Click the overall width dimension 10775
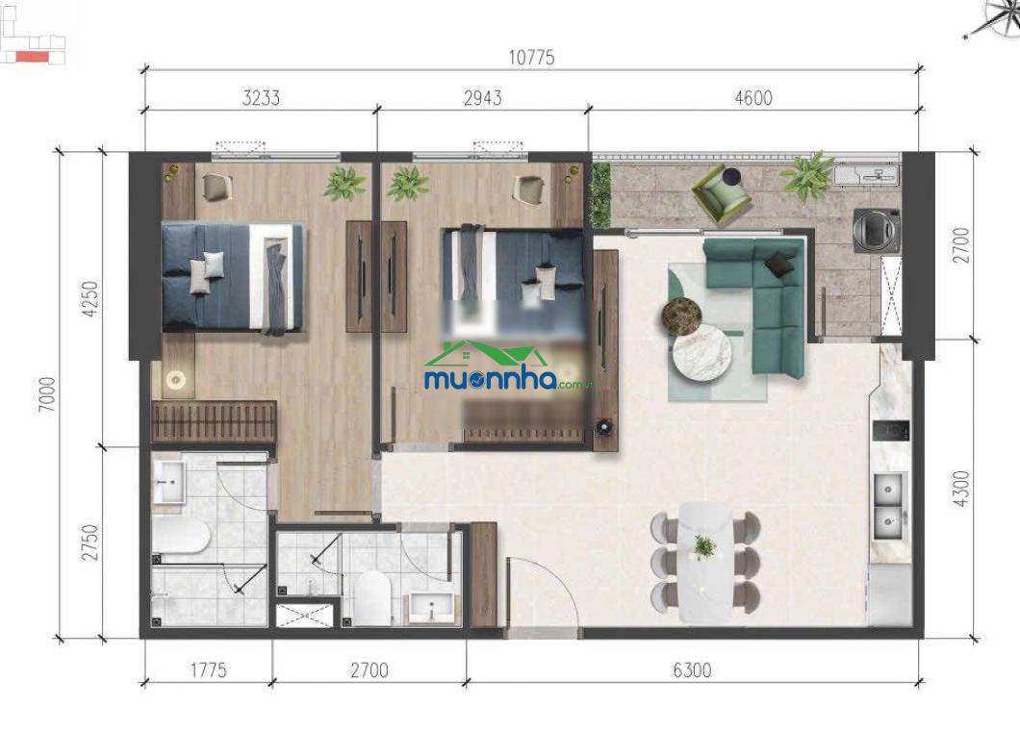click(531, 58)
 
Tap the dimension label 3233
click(261, 97)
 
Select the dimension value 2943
click(483, 97)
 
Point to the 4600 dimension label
click(753, 97)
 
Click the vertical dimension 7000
click(47, 394)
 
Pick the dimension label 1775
click(208, 669)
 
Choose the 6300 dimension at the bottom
click(692, 669)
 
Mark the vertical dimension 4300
click(960, 489)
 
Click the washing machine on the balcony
click(877, 230)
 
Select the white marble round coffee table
click(701, 354)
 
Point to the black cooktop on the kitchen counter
click(890, 431)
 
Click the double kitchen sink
click(888, 506)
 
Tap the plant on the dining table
click(703, 547)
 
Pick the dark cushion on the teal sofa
click(780, 264)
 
